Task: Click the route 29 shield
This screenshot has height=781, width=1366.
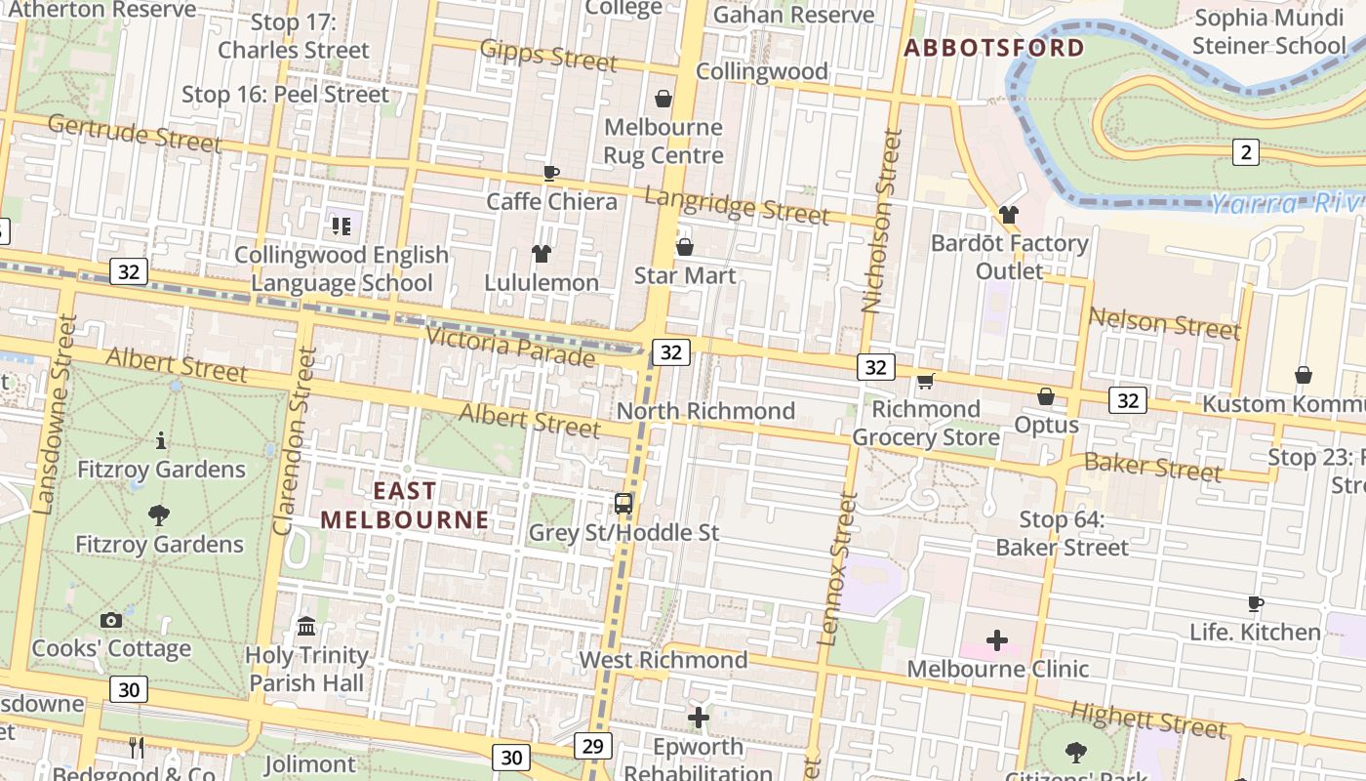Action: coord(593,746)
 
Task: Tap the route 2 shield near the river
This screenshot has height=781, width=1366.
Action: coord(1245,151)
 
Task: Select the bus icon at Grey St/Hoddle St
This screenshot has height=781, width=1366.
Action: coord(623,504)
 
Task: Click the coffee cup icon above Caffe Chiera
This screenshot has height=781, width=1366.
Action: coord(551,174)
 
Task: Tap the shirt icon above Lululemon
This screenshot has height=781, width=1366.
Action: coord(542,254)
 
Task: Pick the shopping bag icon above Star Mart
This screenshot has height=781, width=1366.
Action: coord(685,247)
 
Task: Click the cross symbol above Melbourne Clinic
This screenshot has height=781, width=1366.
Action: coord(996,640)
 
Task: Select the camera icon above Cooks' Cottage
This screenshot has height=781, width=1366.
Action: coord(110,620)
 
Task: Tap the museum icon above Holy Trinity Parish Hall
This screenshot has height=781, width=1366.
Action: coord(306,626)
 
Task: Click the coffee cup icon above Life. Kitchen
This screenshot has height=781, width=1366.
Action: coord(1255,604)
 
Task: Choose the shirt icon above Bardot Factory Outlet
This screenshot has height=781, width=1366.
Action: coord(1009,214)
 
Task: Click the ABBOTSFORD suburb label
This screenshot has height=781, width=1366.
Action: coord(993,48)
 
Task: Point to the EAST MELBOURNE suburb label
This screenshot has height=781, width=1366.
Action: coord(404,505)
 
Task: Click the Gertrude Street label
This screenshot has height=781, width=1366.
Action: coord(134,132)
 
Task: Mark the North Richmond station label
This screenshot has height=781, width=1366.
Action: coord(705,411)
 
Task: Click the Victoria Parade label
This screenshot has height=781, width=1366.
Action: coord(510,348)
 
